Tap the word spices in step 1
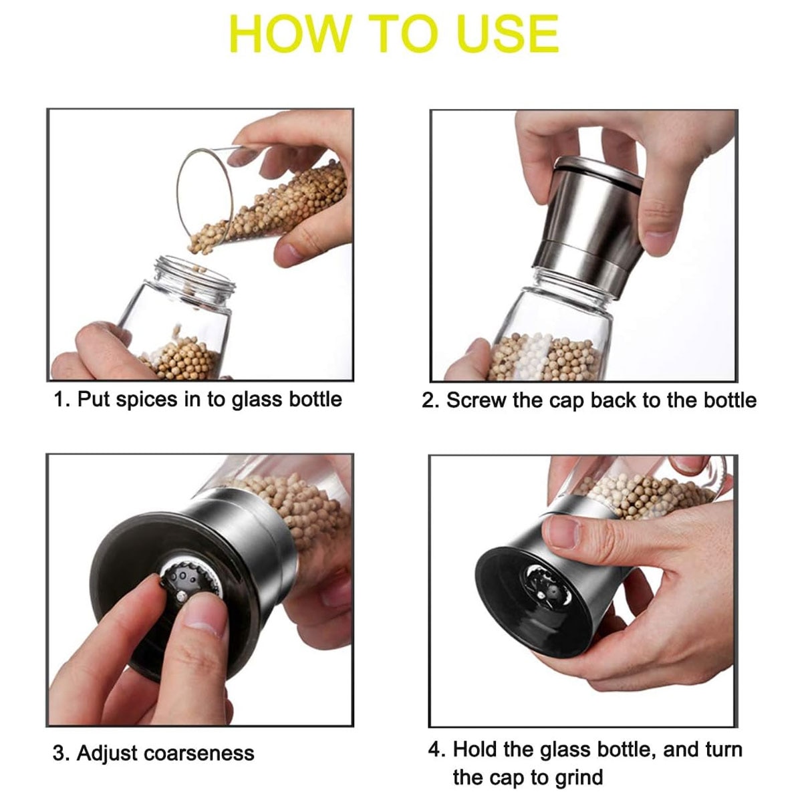[146, 400]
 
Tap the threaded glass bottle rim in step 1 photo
[194, 273]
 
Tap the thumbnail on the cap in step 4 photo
[563, 531]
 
